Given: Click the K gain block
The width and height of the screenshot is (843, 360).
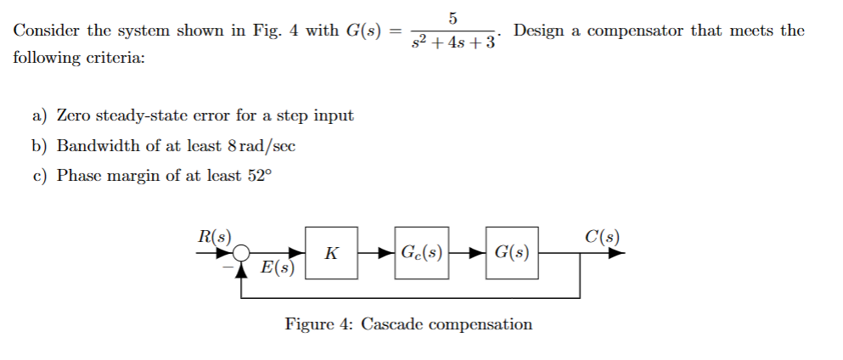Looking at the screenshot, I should tap(332, 253).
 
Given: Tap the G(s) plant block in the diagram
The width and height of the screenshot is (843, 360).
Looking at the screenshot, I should tap(512, 253).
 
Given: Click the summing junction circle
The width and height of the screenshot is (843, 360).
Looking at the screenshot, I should tap(242, 253).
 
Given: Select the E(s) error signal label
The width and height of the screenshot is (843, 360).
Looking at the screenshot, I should tap(278, 269).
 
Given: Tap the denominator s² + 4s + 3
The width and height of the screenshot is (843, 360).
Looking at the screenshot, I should tap(452, 42).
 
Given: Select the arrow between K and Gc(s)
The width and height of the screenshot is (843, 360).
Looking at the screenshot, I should tap(377, 253).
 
